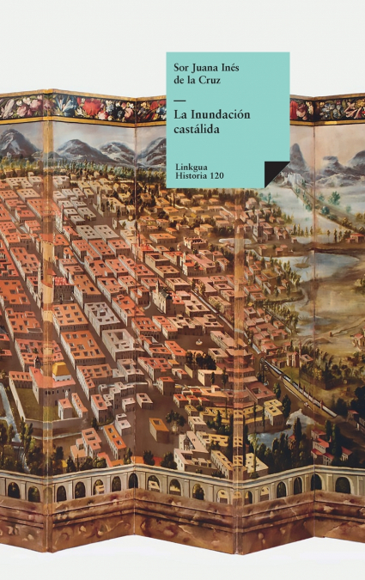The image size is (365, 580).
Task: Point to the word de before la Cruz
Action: coord(179,82)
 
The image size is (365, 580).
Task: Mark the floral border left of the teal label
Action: coord(86,108)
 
